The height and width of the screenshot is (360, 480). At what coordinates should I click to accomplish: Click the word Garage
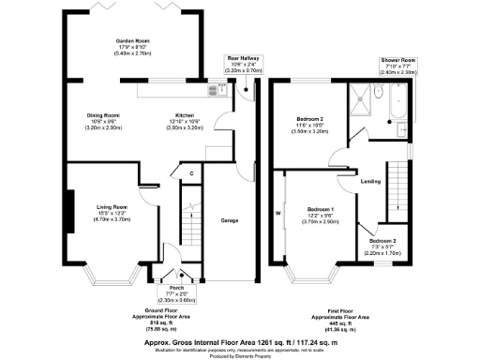coord(229,220)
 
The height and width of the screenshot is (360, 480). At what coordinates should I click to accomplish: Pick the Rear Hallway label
coord(239,58)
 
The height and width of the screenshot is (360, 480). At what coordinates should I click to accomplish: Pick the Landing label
coord(369,180)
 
